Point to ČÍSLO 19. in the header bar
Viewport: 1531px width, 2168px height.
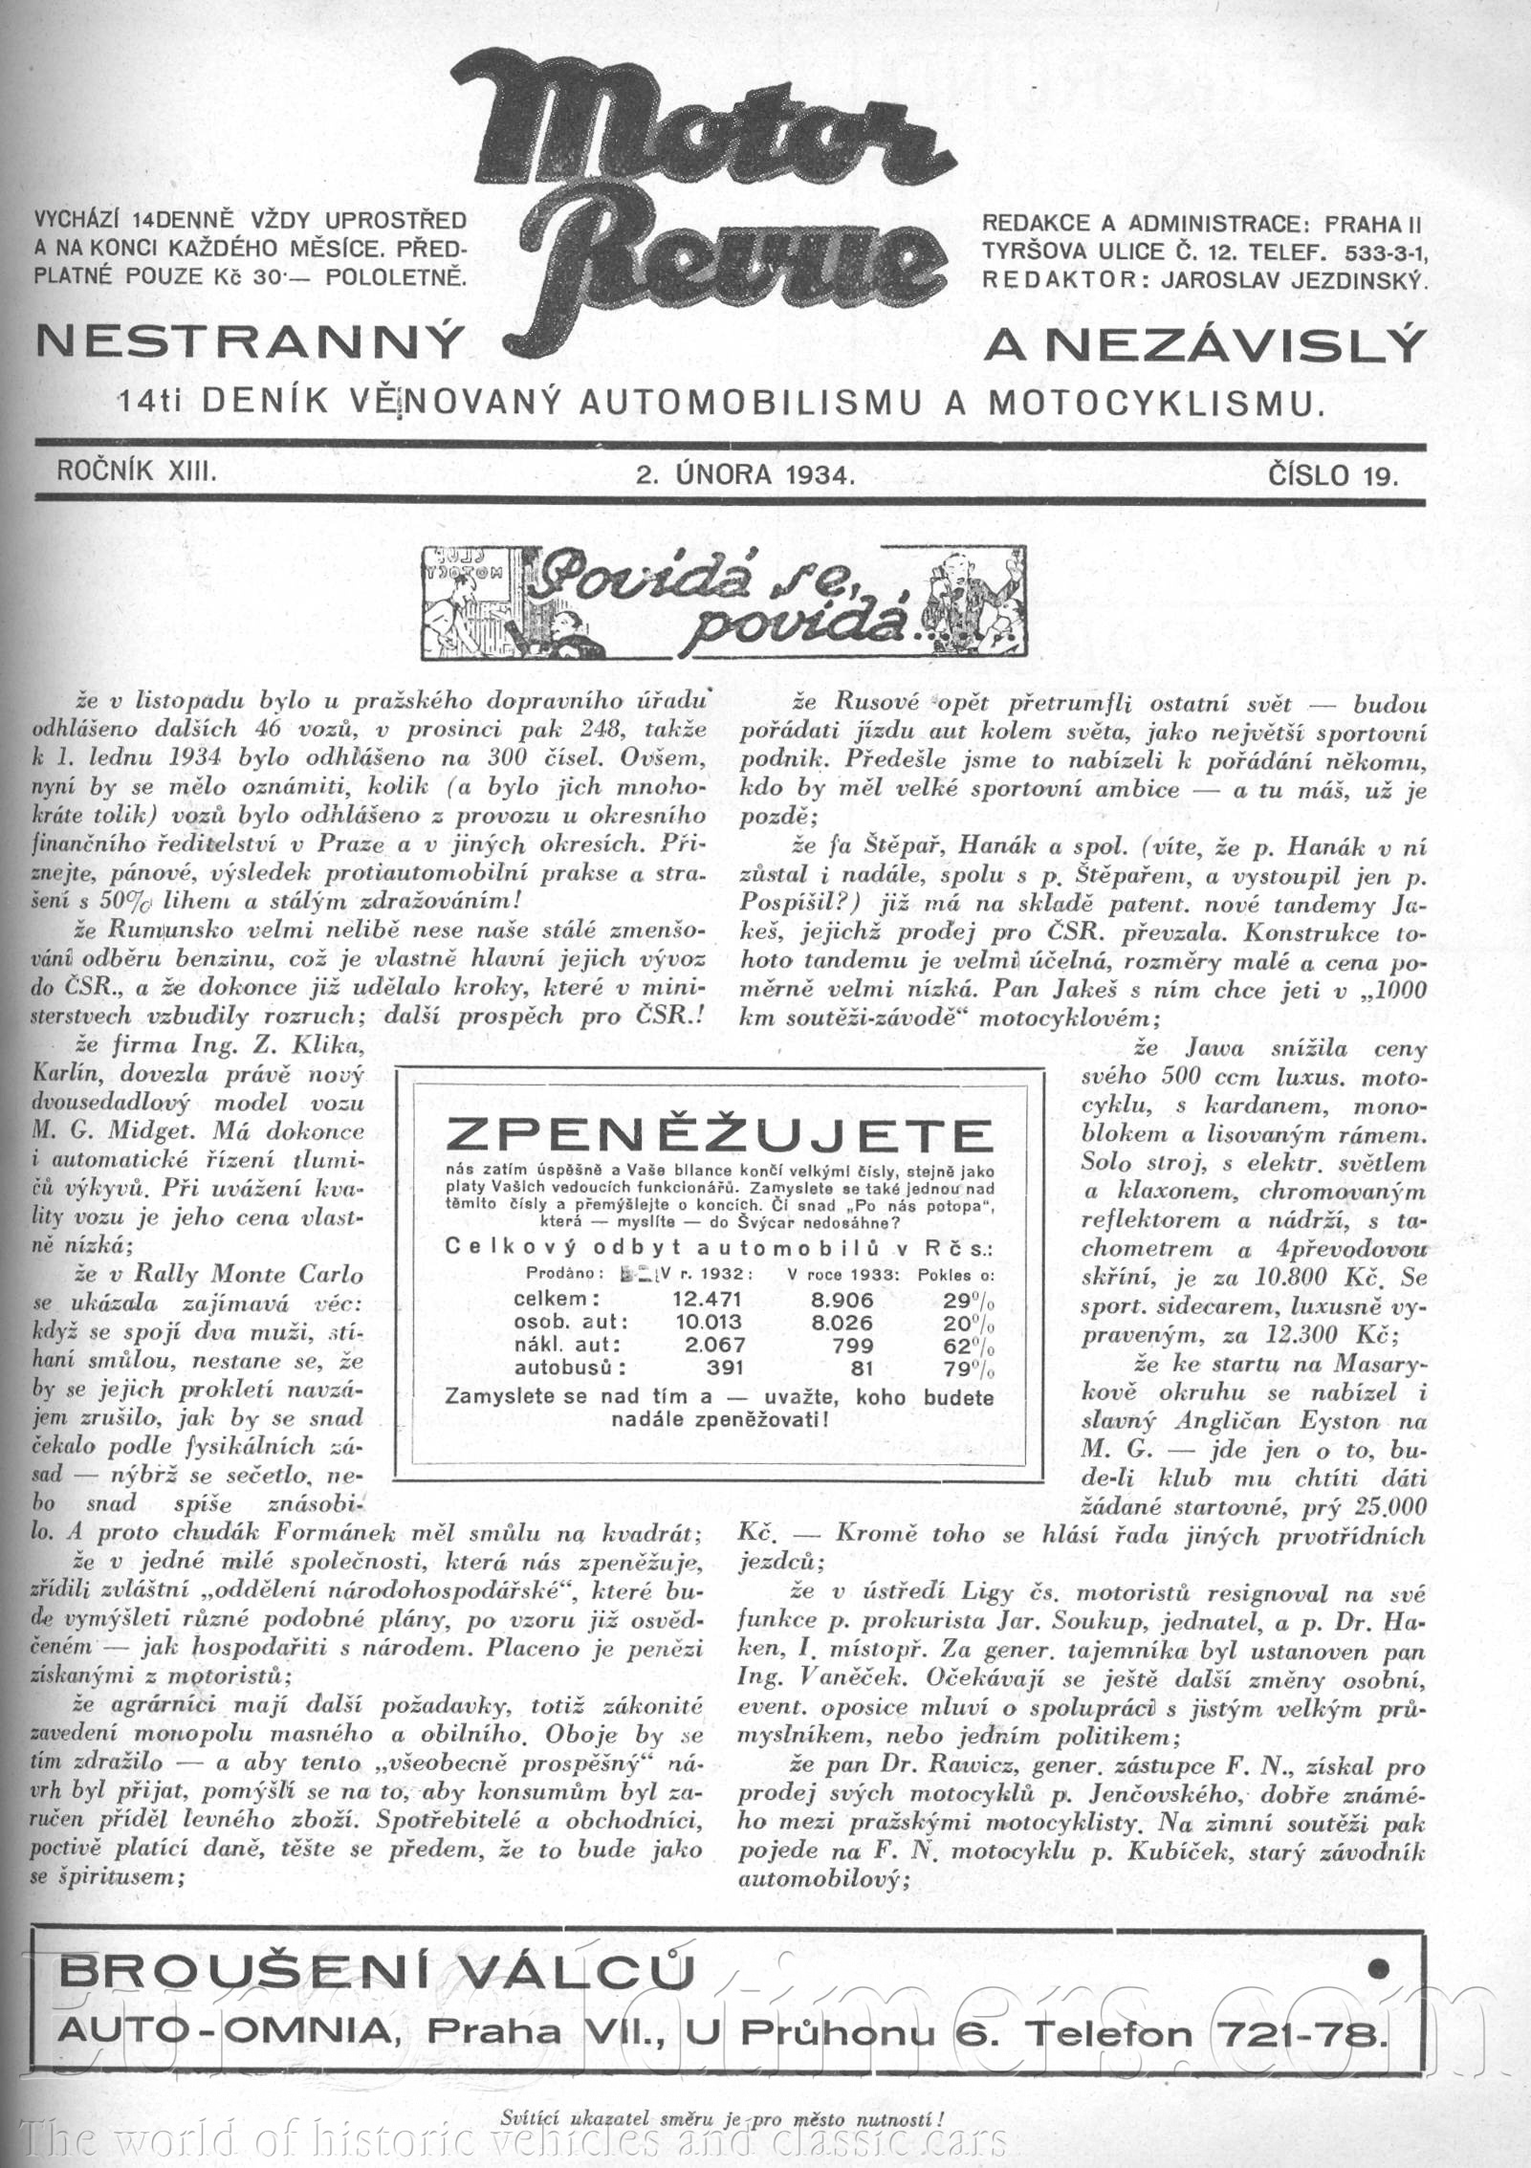coord(1333,475)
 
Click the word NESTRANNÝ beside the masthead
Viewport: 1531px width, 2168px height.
coord(249,342)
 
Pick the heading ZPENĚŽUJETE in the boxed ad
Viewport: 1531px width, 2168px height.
coord(719,1137)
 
